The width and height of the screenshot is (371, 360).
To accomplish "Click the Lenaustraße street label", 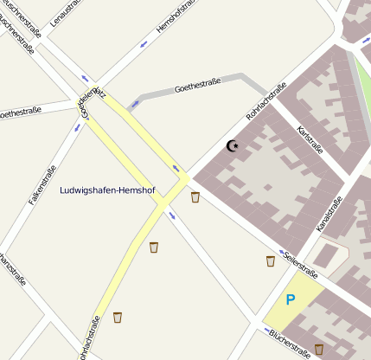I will [x=66, y=11].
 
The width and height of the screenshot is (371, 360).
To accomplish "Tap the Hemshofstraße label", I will [x=176, y=17].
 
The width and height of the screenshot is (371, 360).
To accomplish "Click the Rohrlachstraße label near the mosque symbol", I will [x=266, y=101].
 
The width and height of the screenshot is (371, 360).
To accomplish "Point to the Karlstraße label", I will [x=310, y=138].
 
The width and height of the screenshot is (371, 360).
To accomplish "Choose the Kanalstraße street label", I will [x=329, y=213].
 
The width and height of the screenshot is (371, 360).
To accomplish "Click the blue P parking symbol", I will [x=291, y=299].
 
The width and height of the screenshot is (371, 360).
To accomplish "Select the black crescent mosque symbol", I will [x=232, y=145].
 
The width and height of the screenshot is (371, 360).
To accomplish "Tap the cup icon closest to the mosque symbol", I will [x=195, y=197].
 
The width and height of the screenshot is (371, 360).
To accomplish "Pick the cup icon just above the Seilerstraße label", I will [x=271, y=260].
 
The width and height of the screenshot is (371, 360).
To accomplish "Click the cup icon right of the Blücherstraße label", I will [x=319, y=349].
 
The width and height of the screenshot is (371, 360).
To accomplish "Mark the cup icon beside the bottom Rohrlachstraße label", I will [x=118, y=318].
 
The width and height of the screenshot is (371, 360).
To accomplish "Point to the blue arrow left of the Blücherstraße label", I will [x=265, y=330].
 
